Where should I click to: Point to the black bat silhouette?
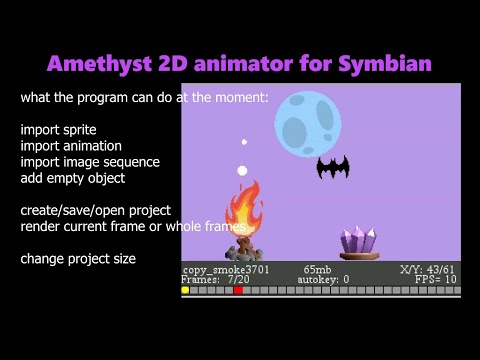tap(332, 168)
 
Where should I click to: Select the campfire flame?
tap(243, 209)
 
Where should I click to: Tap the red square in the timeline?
tap(238, 291)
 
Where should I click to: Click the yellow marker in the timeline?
tap(186, 291)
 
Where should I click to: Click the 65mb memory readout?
tap(317, 270)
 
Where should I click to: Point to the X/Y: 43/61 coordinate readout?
tap(427, 270)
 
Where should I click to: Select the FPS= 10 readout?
tap(436, 280)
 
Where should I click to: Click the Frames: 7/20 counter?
tap(215, 280)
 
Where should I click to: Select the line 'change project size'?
tap(78, 259)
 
